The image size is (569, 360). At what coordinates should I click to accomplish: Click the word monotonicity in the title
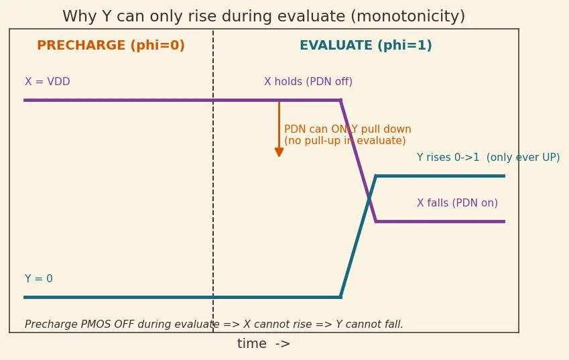(x=407, y=16)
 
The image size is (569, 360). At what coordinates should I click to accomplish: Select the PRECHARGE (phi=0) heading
(x=111, y=46)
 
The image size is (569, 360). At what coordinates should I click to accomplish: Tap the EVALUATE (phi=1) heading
(x=366, y=46)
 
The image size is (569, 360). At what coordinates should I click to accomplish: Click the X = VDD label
(x=48, y=82)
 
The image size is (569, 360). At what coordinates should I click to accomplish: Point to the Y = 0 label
(x=39, y=279)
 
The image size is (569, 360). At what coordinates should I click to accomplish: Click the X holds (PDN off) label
(x=308, y=82)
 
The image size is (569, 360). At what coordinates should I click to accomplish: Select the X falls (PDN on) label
(x=457, y=203)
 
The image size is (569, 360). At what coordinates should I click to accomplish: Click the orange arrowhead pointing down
(x=279, y=152)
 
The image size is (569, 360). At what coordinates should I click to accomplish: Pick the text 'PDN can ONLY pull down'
(x=348, y=129)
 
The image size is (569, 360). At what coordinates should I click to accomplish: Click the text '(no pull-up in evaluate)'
(x=344, y=141)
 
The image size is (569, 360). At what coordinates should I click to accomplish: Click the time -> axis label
(x=264, y=344)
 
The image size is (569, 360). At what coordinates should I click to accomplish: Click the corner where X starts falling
(x=340, y=100)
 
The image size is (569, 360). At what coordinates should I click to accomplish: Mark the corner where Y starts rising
(x=340, y=297)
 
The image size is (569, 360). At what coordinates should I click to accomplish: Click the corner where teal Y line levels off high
(x=376, y=176)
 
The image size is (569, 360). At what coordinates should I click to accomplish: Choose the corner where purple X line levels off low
(x=376, y=221)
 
